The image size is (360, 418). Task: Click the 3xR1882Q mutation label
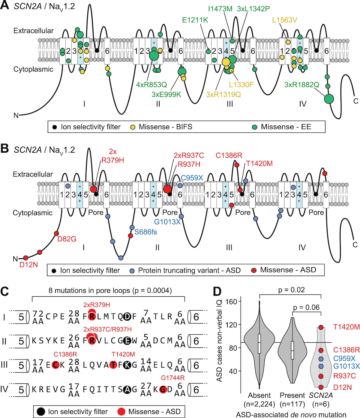301,85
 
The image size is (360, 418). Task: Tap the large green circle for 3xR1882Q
329,99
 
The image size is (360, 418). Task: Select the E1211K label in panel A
195,20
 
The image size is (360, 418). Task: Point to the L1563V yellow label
284,20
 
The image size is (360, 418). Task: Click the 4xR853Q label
151,85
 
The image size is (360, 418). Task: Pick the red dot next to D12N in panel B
26,258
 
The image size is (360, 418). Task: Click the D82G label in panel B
67,239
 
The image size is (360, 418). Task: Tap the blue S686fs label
145,232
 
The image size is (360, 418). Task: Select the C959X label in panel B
192,178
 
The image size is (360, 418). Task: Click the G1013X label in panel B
167,222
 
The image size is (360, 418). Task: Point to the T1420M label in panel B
259,164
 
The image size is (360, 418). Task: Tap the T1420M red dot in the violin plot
321,327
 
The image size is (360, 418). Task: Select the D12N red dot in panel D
321,387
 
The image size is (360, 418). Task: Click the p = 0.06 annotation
306,307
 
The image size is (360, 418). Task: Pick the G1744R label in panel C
172,378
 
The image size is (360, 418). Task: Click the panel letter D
217,291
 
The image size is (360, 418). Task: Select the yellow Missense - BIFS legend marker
132,127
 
